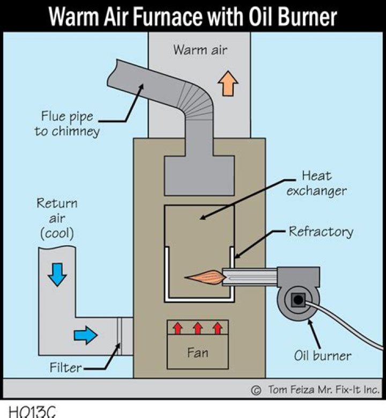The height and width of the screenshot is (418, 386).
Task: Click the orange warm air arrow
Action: point(228,84)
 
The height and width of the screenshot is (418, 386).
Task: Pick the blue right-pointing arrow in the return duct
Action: point(85,335)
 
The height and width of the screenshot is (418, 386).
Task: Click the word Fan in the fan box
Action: point(197,353)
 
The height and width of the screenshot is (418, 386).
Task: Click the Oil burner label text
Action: point(323,355)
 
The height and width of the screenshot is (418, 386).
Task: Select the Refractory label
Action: point(321,232)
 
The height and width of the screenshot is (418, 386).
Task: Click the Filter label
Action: point(66,368)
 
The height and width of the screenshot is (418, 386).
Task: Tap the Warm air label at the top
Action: point(200,50)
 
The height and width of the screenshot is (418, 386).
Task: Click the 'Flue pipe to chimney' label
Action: point(66,123)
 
